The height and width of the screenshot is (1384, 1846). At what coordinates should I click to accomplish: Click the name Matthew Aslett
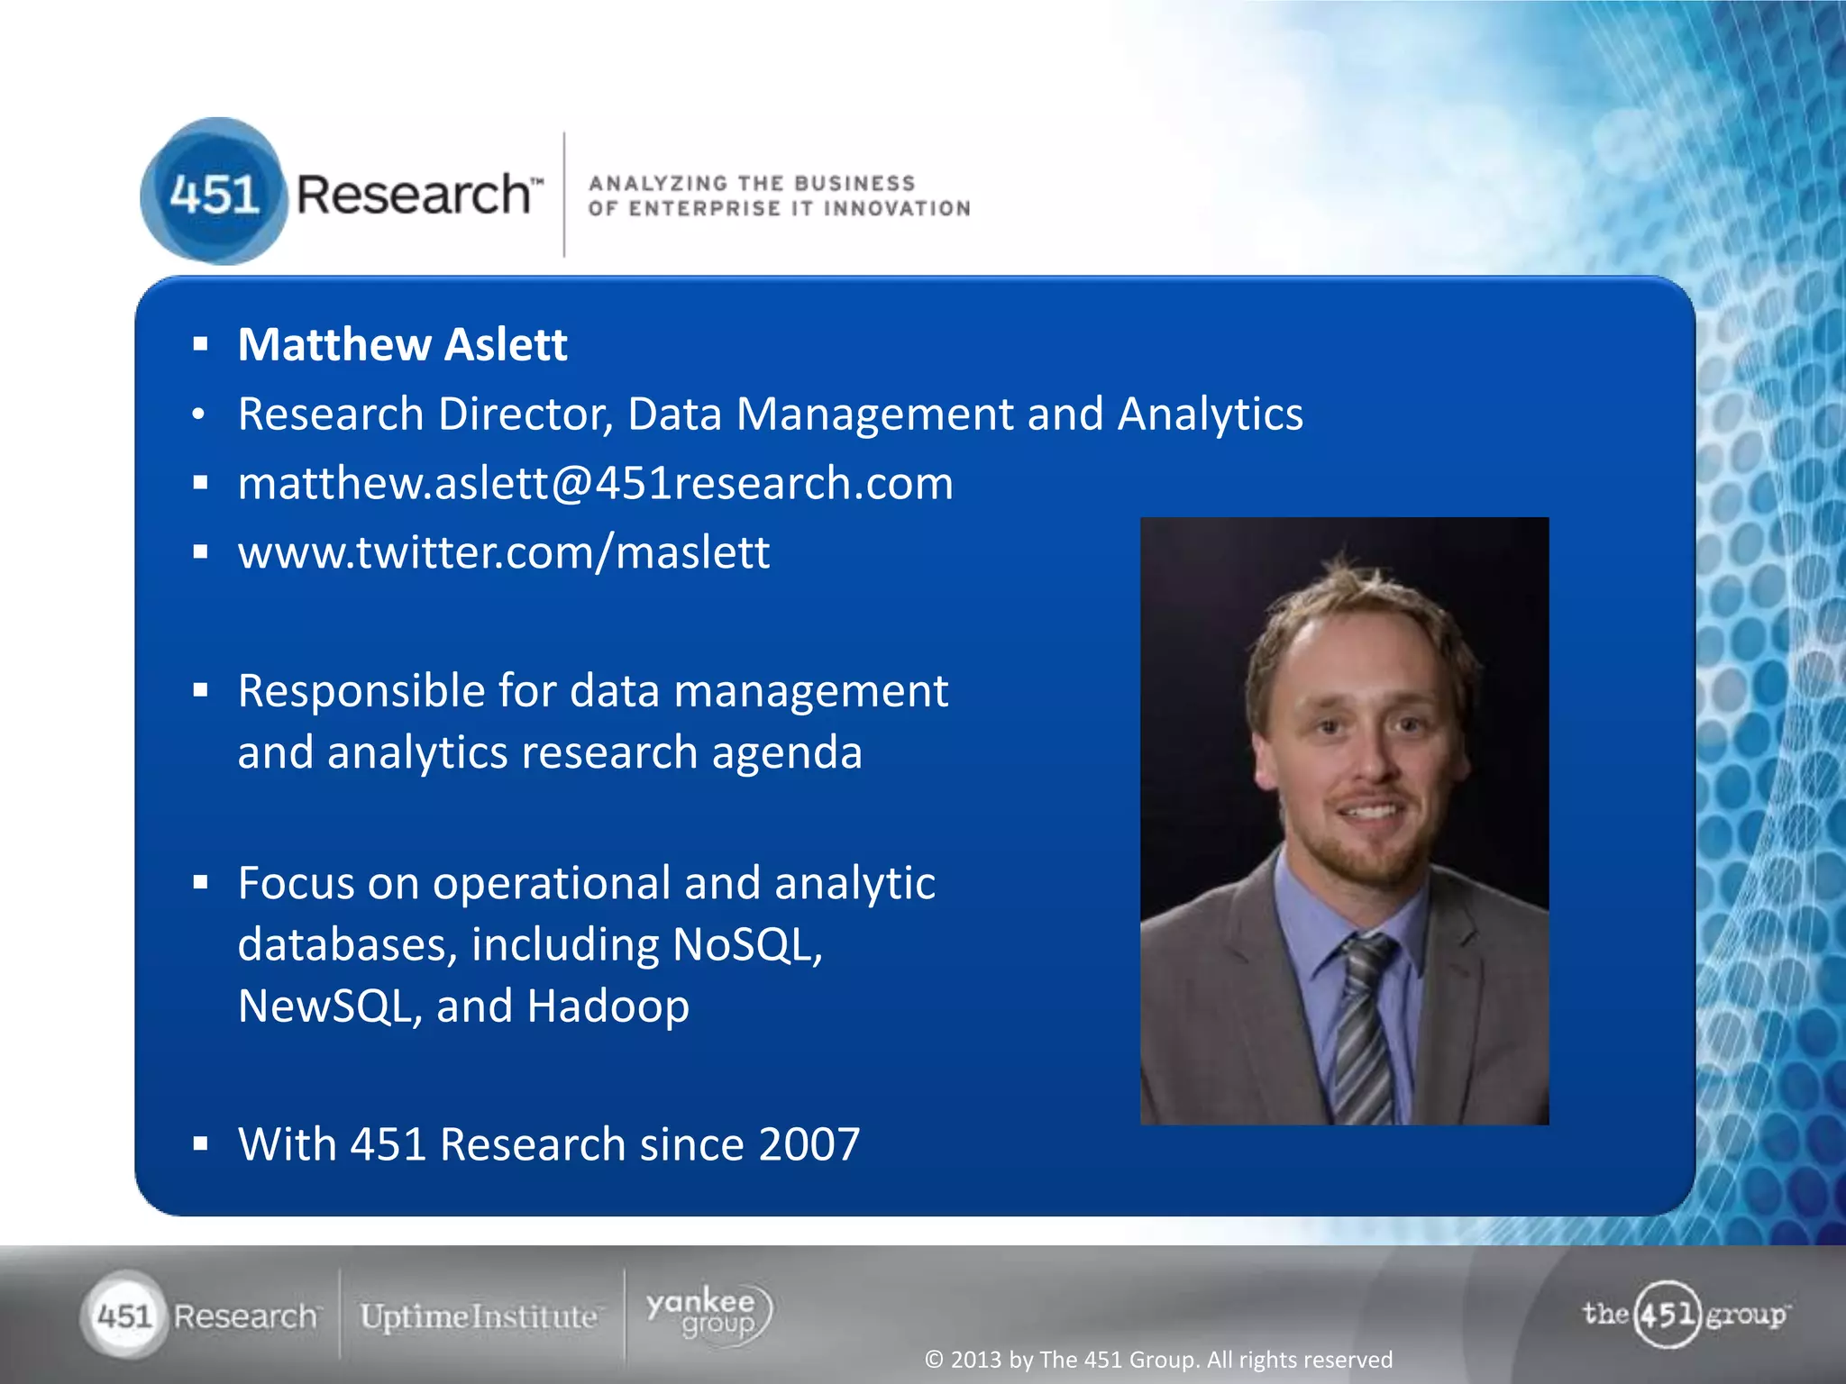(x=402, y=345)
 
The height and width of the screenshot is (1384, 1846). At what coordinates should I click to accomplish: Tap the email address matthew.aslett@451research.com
(x=595, y=484)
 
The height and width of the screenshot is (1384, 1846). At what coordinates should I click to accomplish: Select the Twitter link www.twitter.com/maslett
(x=503, y=552)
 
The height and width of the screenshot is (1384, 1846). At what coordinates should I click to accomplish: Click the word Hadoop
(x=608, y=1006)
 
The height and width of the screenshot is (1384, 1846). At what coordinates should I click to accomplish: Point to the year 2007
(x=809, y=1145)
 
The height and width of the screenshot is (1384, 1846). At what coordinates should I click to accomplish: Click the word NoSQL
(x=746, y=945)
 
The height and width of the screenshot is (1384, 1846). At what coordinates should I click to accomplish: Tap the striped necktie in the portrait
(x=1364, y=1027)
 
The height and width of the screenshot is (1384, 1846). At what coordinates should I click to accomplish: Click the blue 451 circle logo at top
(x=214, y=192)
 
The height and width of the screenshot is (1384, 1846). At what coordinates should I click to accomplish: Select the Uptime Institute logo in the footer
(x=479, y=1316)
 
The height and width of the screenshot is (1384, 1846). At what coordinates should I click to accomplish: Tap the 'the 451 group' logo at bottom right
(x=1684, y=1315)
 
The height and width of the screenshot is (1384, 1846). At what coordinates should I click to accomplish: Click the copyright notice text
(x=1158, y=1360)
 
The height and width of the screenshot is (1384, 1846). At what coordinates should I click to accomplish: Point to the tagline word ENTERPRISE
(x=704, y=209)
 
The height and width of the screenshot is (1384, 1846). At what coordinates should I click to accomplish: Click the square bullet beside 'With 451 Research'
(x=200, y=1144)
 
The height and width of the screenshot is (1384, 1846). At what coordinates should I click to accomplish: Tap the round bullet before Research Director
(x=199, y=414)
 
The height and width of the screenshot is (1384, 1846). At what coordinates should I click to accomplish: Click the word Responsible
(x=361, y=692)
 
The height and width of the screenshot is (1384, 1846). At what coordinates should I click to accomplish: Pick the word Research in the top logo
(x=414, y=195)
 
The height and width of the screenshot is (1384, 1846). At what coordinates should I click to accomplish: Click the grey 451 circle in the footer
(x=124, y=1316)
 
